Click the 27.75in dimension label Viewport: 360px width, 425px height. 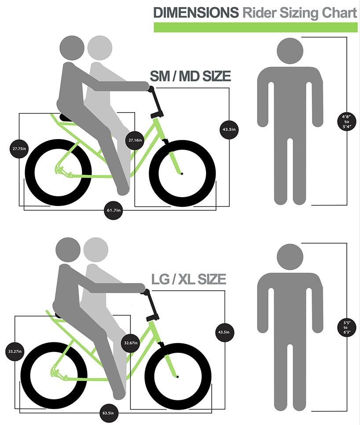tap(19, 149)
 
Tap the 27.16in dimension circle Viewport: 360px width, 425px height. tap(135, 140)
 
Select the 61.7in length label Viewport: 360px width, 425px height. tap(113, 210)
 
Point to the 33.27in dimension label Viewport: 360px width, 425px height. tap(15, 351)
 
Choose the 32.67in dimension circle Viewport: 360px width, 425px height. tap(131, 343)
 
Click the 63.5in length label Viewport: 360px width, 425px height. tap(108, 413)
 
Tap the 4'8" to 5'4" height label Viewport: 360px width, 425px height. tap(347, 121)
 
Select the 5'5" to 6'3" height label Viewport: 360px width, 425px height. tap(347, 327)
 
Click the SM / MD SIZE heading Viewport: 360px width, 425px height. tap(190, 76)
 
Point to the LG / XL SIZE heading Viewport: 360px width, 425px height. tap(189, 279)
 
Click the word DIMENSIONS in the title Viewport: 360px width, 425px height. tap(196, 12)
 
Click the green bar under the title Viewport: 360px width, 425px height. tap(256, 27)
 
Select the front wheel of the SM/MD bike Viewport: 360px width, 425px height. tap(182, 173)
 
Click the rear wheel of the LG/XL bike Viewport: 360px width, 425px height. tap(54, 375)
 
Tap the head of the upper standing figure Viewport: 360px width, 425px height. tap(290, 51)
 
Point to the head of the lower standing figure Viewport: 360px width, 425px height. tap(290, 257)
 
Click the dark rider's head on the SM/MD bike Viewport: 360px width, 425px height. tap(72, 48)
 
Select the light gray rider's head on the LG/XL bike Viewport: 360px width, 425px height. tap(96, 249)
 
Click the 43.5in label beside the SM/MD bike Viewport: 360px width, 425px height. tap(229, 129)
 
